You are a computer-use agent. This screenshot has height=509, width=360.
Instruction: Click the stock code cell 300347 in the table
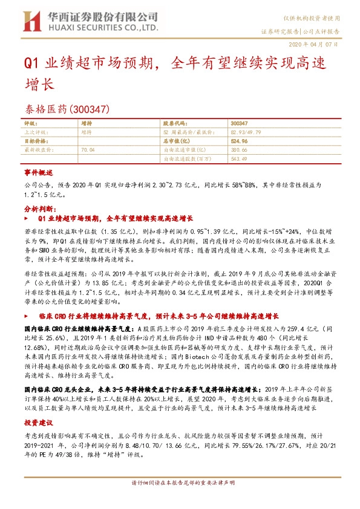point(239,123)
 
